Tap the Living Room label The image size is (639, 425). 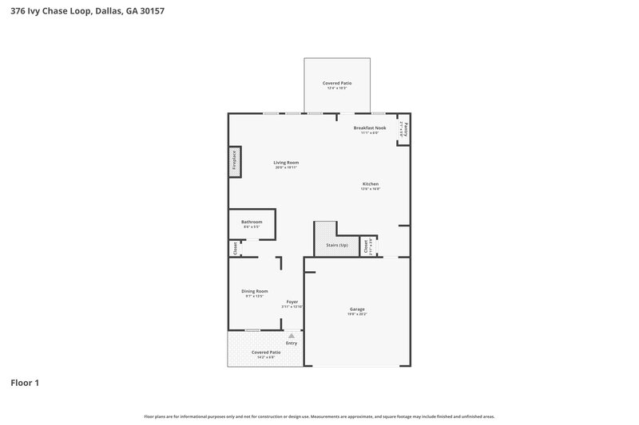click(x=286, y=163)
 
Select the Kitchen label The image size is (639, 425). click(x=370, y=184)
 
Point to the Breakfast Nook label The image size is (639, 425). click(x=370, y=128)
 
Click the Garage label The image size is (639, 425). click(x=356, y=309)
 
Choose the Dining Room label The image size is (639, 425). click(x=255, y=291)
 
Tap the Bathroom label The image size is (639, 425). click(x=252, y=222)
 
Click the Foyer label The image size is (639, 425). click(x=292, y=301)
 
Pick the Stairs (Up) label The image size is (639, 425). click(x=337, y=245)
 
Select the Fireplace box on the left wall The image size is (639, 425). click(x=235, y=160)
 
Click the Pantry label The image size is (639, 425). click(x=407, y=128)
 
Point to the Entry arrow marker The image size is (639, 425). click(x=292, y=336)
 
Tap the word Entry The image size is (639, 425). click(x=292, y=343)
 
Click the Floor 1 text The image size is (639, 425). click(x=25, y=383)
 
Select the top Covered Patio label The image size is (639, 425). click(x=336, y=83)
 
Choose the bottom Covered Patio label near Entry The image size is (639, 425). click(x=266, y=352)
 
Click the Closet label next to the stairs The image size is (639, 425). click(x=366, y=247)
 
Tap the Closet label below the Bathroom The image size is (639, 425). click(x=236, y=249)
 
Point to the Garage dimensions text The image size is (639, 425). click(x=356, y=314)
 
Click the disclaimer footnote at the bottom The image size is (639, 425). click(x=319, y=416)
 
